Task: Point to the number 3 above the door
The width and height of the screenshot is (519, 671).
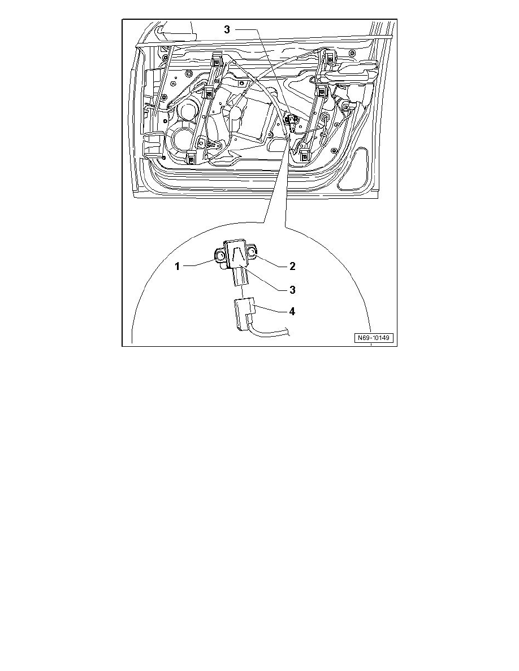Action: click(227, 29)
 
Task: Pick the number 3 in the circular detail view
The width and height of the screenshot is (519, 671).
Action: click(292, 289)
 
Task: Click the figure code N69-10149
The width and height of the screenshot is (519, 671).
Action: click(374, 338)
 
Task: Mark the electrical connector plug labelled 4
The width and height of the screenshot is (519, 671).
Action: click(244, 312)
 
